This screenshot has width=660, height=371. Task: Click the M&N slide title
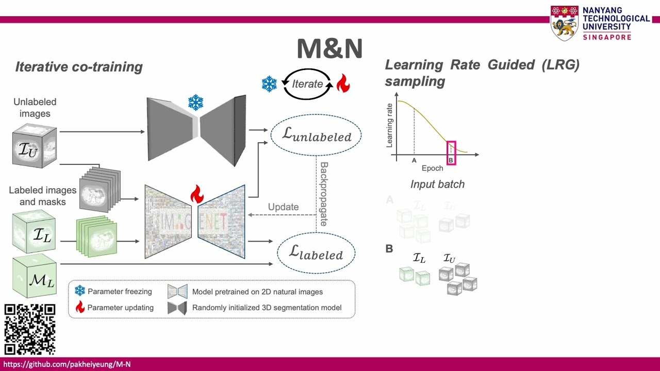point(329,48)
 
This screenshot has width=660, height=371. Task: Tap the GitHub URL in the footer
point(67,364)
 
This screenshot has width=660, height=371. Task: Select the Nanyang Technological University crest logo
point(564,23)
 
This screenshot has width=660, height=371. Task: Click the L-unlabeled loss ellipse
point(316,136)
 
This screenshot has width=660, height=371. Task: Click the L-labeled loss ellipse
point(316,252)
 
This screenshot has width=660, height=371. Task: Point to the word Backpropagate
point(324,194)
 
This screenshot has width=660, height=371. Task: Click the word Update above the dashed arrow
point(283,207)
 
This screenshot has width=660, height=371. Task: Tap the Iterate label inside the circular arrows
point(307,84)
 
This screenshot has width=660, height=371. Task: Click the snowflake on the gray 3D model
point(195,103)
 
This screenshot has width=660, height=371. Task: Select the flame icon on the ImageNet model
point(196,195)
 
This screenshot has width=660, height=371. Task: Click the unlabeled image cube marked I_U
point(34,146)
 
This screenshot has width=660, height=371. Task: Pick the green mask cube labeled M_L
point(34,277)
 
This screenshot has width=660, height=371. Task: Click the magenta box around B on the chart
point(451,154)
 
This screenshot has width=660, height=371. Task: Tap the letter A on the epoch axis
point(414,161)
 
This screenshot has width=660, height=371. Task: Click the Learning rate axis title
point(390,124)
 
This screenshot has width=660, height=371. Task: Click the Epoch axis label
point(432,168)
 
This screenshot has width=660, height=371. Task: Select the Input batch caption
point(437,184)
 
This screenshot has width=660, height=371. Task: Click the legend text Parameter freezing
point(120,292)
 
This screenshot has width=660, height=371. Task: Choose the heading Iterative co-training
point(79,67)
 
